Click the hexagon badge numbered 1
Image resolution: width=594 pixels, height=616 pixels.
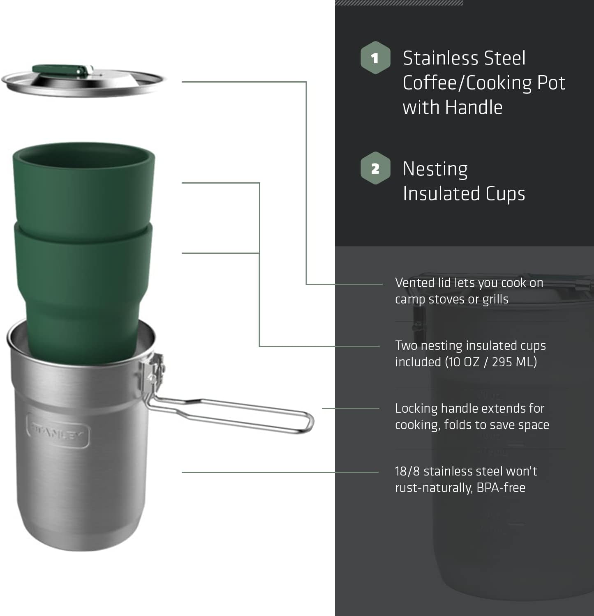click(x=375, y=58)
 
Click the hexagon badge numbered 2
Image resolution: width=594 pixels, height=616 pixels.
click(x=375, y=168)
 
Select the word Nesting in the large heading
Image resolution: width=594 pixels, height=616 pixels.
click(x=435, y=169)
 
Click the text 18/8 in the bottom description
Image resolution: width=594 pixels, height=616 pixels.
click(x=407, y=471)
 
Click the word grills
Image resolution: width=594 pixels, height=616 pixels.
click(x=495, y=299)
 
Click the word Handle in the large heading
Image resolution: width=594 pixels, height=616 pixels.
click(x=474, y=107)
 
